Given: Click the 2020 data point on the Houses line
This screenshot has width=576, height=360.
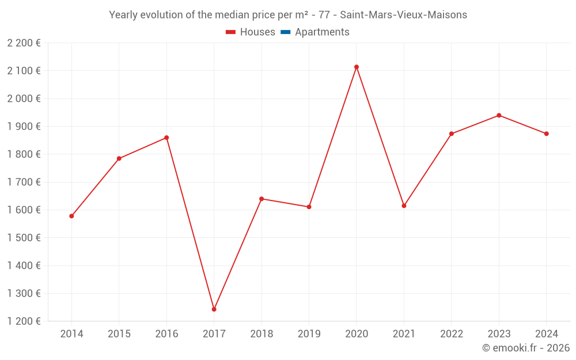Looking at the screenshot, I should pyautogui.click(x=357, y=67).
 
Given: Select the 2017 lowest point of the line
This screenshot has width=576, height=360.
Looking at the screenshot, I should pyautogui.click(x=214, y=309).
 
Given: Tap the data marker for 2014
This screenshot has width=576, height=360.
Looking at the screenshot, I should pyautogui.click(x=71, y=216).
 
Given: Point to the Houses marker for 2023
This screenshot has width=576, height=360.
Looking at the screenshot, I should pyautogui.click(x=499, y=115).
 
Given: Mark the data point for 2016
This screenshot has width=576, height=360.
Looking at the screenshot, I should pyautogui.click(x=166, y=138).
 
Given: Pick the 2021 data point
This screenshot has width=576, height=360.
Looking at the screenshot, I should pyautogui.click(x=404, y=206).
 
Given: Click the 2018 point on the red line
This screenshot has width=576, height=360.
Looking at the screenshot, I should pyautogui.click(x=262, y=199).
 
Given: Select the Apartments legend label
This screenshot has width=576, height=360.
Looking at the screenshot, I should pyautogui.click(x=322, y=32).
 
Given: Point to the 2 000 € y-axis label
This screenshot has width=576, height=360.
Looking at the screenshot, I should pyautogui.click(x=24, y=98).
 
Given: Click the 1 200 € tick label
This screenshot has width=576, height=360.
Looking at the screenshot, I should pyautogui.click(x=24, y=321).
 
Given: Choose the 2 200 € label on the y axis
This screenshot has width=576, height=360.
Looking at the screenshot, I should pyautogui.click(x=24, y=43).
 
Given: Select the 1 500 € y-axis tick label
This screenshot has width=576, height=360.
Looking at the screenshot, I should pyautogui.click(x=24, y=237).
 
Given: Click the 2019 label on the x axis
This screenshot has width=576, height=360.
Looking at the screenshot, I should pyautogui.click(x=309, y=334).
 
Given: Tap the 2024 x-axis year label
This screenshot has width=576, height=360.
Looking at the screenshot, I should pyautogui.click(x=546, y=334).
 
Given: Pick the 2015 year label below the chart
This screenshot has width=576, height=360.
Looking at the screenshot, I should pyautogui.click(x=119, y=334).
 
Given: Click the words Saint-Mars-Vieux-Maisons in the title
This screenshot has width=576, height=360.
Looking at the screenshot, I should pyautogui.click(x=403, y=14).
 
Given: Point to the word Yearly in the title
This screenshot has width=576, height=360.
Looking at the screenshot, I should pyautogui.click(x=123, y=14).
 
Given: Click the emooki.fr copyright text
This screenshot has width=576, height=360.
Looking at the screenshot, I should pyautogui.click(x=526, y=348).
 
